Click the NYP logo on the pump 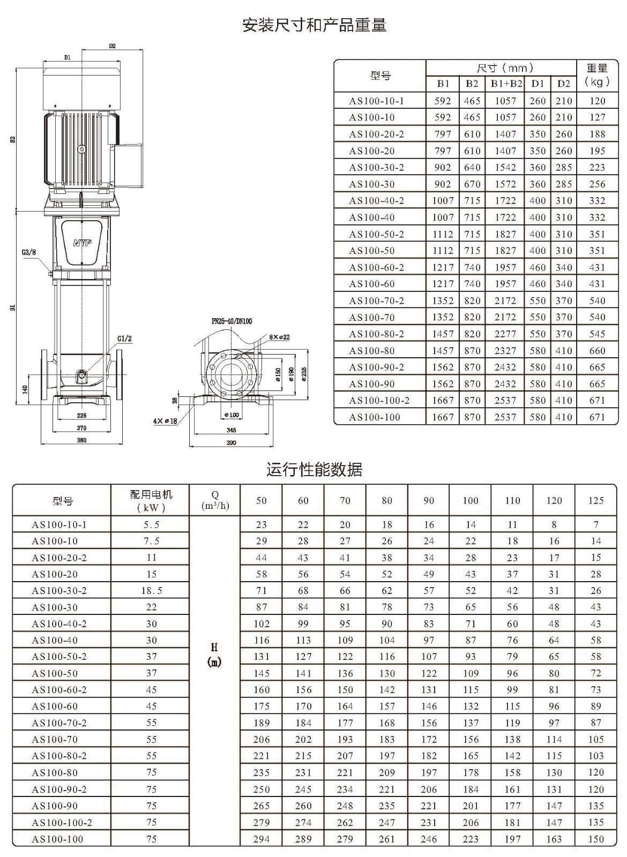point(83,243)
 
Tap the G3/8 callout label point(29,252)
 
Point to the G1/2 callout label point(124,339)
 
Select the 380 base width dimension point(81,440)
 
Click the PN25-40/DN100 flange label point(232,321)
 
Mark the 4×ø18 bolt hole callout point(165,421)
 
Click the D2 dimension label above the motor point(112,46)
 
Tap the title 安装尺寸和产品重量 point(314,25)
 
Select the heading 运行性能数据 point(314,469)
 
